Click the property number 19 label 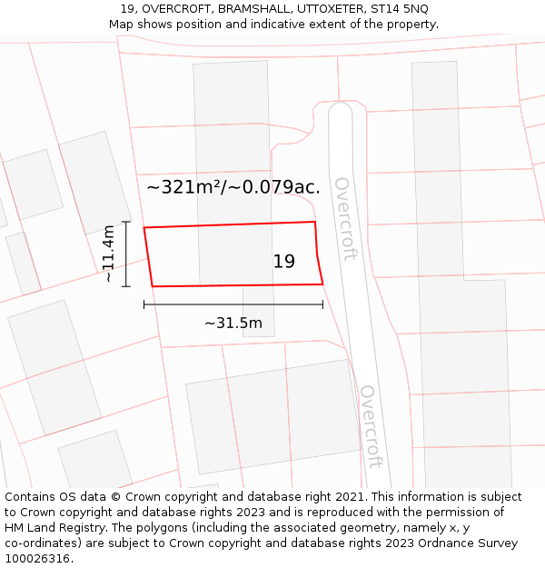pos(284,262)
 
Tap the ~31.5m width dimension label pos(233,323)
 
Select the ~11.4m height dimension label pos(109,254)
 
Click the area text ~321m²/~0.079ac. pos(233,187)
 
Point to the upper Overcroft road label pos(343,218)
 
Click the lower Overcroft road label pos(369,425)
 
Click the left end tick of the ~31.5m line pos(144,304)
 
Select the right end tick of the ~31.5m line pos(322,304)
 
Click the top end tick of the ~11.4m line pos(126,222)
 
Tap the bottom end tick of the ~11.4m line pos(126,286)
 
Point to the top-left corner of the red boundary pos(144,227)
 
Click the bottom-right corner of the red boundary pos(322,284)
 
